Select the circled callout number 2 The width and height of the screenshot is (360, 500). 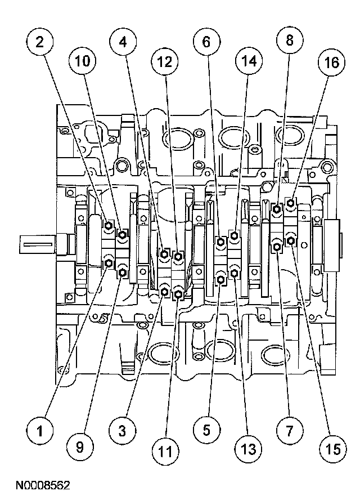click(39, 41)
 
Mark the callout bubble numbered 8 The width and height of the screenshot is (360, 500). click(289, 41)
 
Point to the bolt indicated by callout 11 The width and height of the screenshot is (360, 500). click(178, 293)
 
